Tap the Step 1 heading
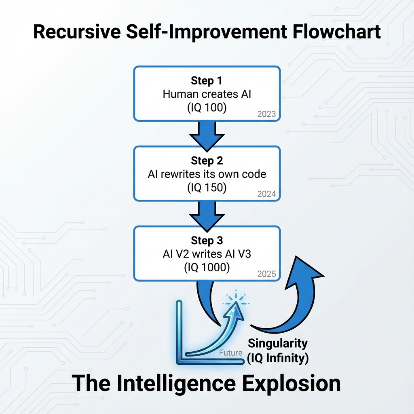pos(207,80)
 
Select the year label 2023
pos(266,114)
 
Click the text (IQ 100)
pos(207,108)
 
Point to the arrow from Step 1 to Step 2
pos(207,133)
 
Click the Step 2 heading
pos(207,161)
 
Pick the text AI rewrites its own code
pos(207,174)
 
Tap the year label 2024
pos(266,194)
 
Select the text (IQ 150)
pos(207,188)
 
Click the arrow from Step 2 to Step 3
pos(207,213)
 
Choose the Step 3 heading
pos(207,241)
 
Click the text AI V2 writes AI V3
pos(207,254)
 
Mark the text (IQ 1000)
pos(207,268)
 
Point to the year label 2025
pos(266,274)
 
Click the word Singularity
pos(277,344)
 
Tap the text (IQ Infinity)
pos(277,357)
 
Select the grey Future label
pos(230,353)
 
